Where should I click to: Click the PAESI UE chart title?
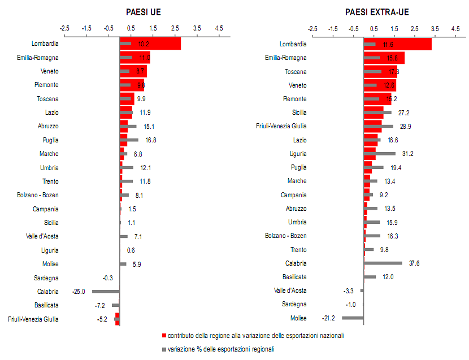pos(143,12)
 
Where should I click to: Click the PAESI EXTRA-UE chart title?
pos(377,12)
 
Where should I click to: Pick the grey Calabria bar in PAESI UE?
pos(106,291)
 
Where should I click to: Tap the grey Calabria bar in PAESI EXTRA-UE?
pos(383,263)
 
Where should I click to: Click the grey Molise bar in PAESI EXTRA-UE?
pos(353,318)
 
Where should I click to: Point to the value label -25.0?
pos(79,292)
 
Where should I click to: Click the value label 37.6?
pos(414,263)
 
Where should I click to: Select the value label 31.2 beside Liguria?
pos(407,154)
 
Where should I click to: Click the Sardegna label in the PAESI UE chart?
pos(46,277)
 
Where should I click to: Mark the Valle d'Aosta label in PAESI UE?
pos(42,236)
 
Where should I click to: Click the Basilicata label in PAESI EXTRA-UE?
pos(294,277)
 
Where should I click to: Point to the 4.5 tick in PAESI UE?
pos(219,28)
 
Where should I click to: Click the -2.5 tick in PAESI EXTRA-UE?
pos(312,28)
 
